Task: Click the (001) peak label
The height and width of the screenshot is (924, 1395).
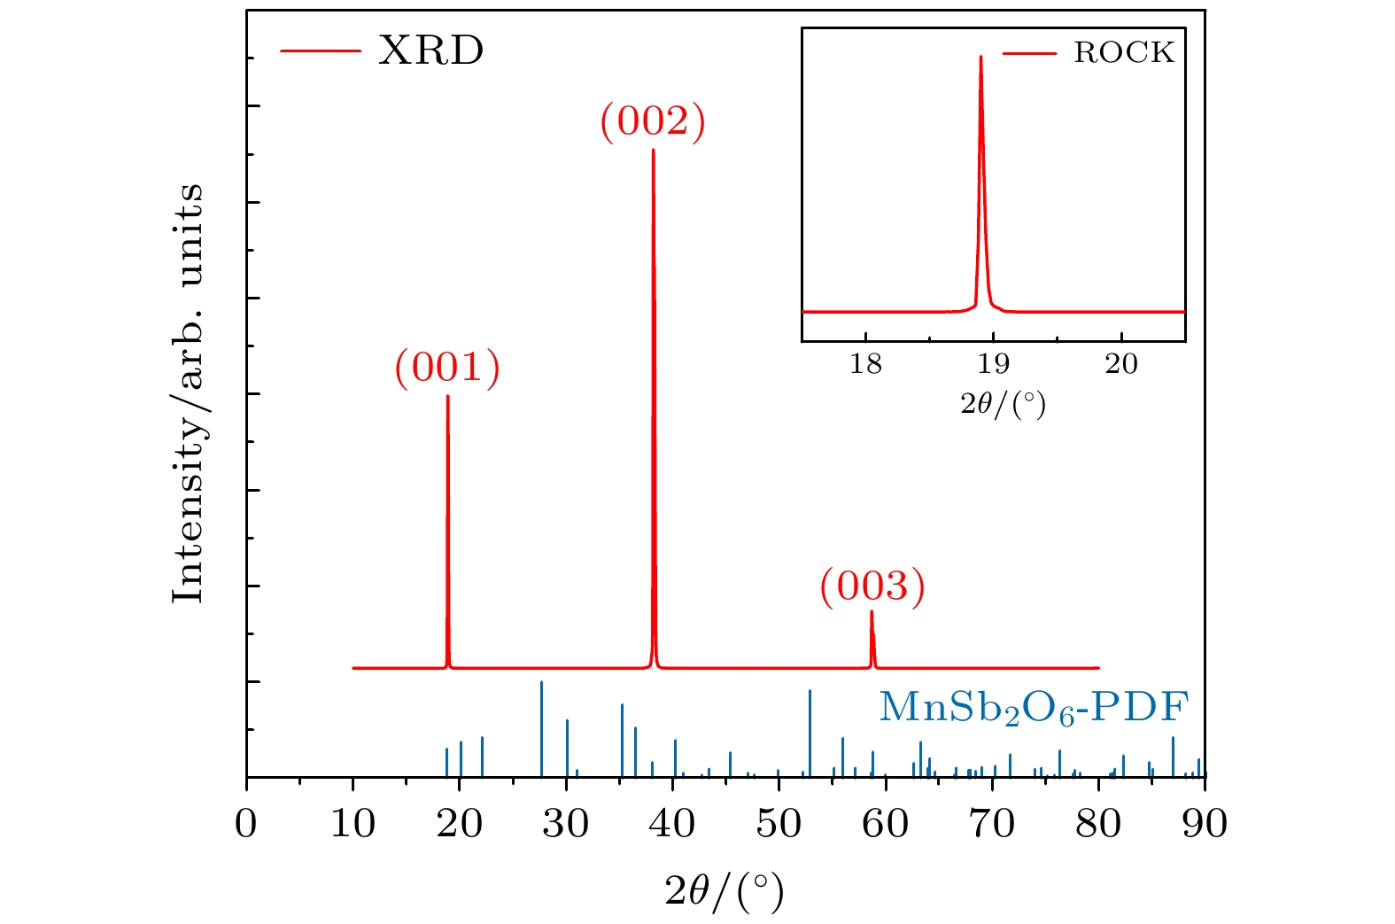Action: pyautogui.click(x=447, y=367)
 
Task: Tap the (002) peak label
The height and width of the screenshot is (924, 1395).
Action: pyautogui.click(x=653, y=120)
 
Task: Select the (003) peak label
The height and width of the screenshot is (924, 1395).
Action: pyautogui.click(x=872, y=586)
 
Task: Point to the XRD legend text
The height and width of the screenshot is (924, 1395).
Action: pyautogui.click(x=430, y=50)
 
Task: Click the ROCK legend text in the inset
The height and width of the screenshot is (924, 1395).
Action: pyautogui.click(x=1123, y=53)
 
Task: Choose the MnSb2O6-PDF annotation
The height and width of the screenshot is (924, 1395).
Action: pyautogui.click(x=1033, y=708)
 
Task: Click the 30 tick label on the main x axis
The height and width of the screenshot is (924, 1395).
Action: pyautogui.click(x=566, y=824)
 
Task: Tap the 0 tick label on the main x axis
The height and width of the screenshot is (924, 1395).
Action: pyautogui.click(x=246, y=824)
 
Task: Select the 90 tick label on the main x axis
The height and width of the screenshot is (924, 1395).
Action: pyautogui.click(x=1205, y=824)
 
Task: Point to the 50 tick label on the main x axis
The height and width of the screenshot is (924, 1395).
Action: pyautogui.click(x=779, y=824)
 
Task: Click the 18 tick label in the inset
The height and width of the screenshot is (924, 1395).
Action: pyautogui.click(x=865, y=364)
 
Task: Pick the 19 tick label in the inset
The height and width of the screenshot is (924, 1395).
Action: pyautogui.click(x=993, y=364)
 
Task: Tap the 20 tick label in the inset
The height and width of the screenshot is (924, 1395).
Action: pyautogui.click(x=1121, y=364)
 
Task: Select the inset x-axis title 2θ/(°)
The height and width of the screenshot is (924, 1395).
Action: pyautogui.click(x=1003, y=404)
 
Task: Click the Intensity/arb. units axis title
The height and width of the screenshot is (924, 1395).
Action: pyautogui.click(x=189, y=393)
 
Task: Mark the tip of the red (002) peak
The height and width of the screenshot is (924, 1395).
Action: pyautogui.click(x=654, y=150)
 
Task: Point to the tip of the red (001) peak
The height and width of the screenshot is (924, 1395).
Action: pyautogui.click(x=447, y=396)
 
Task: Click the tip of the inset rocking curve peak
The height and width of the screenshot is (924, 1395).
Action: pyautogui.click(x=980, y=57)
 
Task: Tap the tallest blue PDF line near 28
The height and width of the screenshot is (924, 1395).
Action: pyautogui.click(x=541, y=683)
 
